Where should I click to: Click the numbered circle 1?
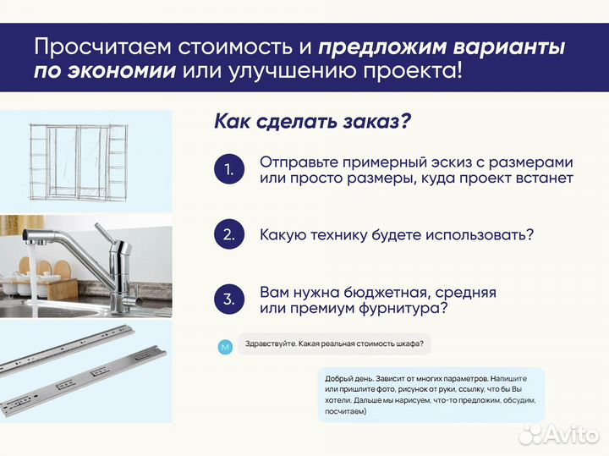click(x=228, y=170)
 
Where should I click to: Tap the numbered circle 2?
click(x=228, y=234)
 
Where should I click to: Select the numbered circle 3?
click(x=228, y=299)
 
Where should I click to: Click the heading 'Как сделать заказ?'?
click(x=312, y=120)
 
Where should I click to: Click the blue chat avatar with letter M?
click(x=224, y=346)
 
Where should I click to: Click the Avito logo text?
click(x=568, y=435)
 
